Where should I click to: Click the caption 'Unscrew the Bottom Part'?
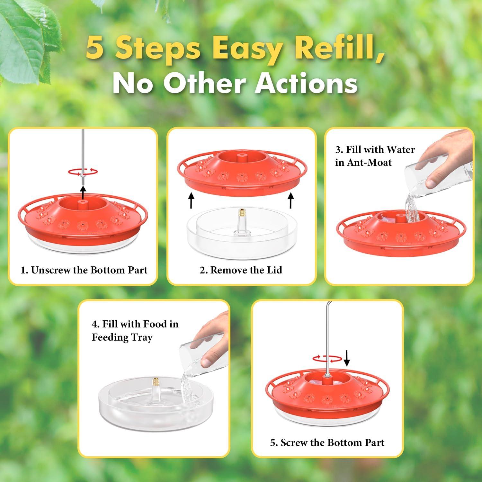click(x=84, y=270)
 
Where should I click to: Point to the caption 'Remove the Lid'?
click(x=241, y=270)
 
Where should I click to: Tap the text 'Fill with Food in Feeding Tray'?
click(x=135, y=330)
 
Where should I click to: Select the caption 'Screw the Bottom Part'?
click(x=327, y=442)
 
